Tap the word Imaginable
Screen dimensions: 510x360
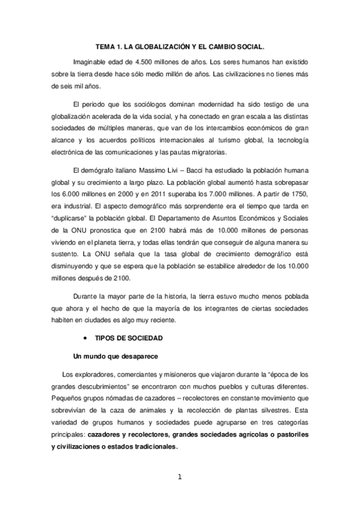click(90, 62)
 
